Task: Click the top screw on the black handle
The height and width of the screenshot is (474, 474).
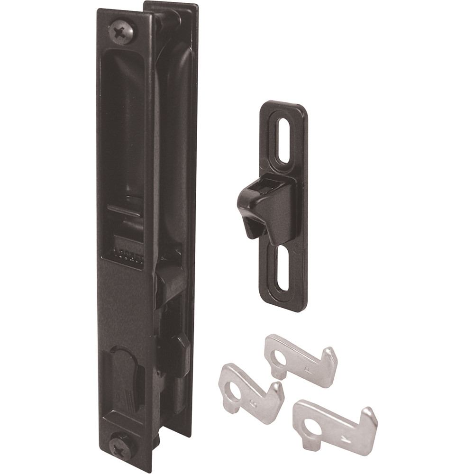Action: pos(122,32)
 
